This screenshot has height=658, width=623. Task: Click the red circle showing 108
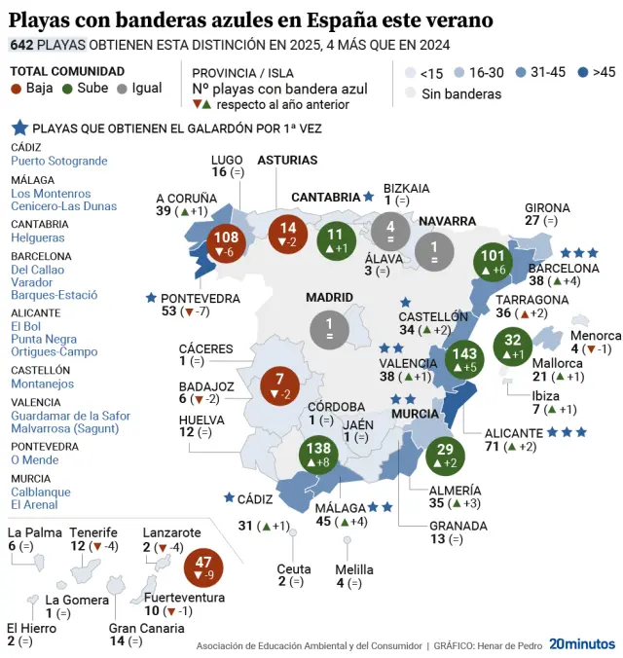227,244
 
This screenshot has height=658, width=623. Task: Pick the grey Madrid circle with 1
329,329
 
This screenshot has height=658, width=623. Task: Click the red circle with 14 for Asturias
288,234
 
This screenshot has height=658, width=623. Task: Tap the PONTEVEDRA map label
201,298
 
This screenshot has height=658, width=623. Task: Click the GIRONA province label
547,207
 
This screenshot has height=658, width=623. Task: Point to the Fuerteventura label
184,598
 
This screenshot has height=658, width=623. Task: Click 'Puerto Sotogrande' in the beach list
58,161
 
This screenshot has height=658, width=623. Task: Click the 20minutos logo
581,643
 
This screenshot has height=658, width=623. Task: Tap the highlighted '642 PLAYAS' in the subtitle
48,45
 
